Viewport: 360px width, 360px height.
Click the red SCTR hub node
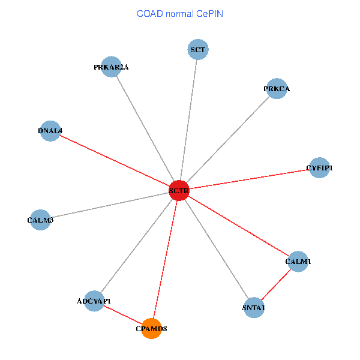click(179, 190)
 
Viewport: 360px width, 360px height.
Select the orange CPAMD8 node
click(152, 328)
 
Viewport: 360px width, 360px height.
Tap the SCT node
click(198, 49)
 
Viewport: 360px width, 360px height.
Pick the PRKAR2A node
click(112, 67)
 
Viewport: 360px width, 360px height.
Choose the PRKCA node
click(276, 89)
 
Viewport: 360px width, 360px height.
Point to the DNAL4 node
click(50, 130)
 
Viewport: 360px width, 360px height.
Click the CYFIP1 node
click(319, 168)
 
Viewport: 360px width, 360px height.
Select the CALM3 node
click(40, 220)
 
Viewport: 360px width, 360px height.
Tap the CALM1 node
click(298, 261)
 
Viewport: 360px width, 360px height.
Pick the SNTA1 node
click(254, 307)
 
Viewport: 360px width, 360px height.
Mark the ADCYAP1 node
click(94, 301)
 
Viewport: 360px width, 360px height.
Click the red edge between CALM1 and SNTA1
click(276, 284)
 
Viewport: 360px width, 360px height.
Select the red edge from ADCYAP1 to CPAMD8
click(123, 314)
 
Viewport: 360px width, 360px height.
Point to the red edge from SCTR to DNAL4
click(114, 160)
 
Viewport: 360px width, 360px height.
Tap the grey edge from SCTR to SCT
click(188, 120)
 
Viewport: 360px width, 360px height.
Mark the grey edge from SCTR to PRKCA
click(227, 140)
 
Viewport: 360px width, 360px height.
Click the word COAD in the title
click(148, 13)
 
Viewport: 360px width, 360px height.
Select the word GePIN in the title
click(210, 13)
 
